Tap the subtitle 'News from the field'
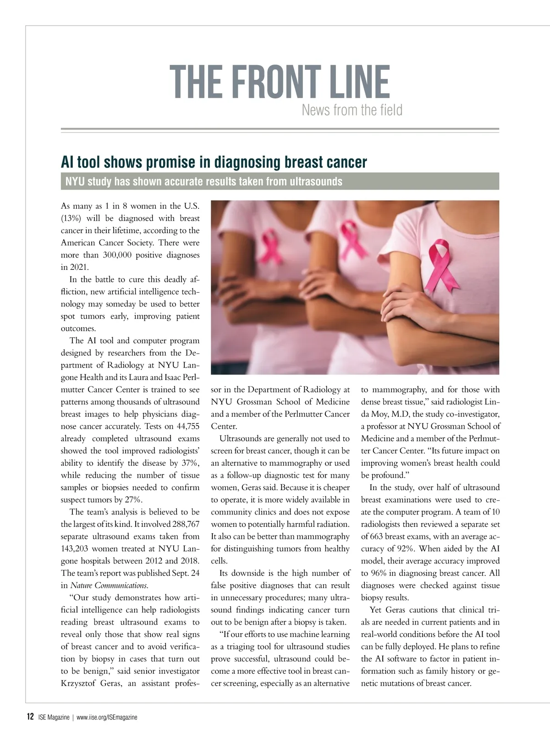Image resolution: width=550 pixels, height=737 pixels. click(x=352, y=110)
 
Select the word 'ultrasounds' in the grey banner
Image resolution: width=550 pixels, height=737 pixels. click(x=316, y=181)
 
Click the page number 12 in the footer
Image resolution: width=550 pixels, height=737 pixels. click(x=30, y=717)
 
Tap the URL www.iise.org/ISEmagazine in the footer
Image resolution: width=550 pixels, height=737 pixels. click(x=107, y=717)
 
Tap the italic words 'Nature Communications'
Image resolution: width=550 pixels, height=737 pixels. click(x=109, y=586)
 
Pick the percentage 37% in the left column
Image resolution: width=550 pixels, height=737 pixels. click(x=189, y=463)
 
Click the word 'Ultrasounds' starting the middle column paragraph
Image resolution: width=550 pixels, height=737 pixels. click(x=242, y=439)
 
